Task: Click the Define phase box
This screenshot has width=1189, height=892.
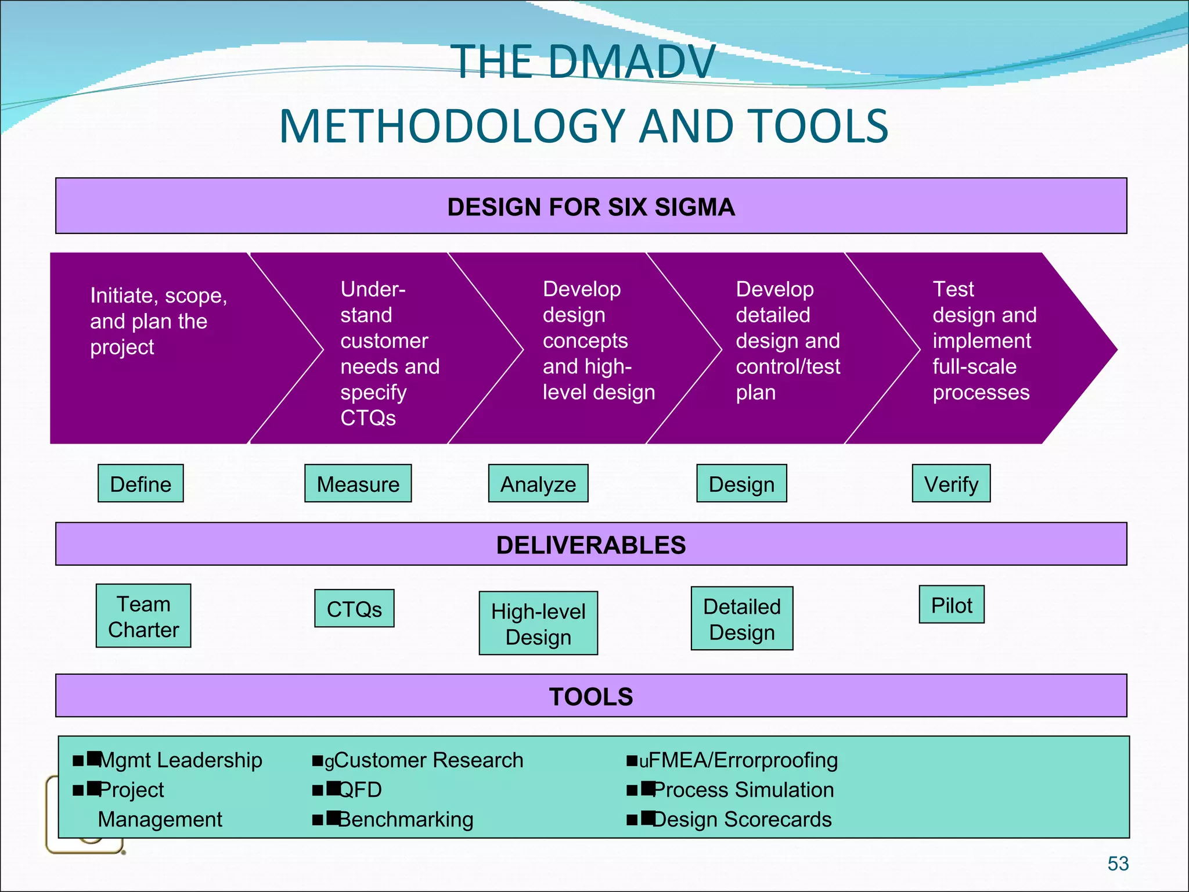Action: pyautogui.click(x=140, y=483)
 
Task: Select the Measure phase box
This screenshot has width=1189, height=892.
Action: pyautogui.click(x=358, y=483)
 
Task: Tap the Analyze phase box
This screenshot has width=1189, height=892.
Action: pyautogui.click(x=538, y=483)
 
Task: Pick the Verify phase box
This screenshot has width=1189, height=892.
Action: pyautogui.click(x=951, y=483)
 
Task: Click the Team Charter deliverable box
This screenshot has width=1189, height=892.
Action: pyautogui.click(x=143, y=616)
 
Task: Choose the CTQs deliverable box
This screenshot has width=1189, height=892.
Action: pyautogui.click(x=354, y=609)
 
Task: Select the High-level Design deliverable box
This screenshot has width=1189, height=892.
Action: pyautogui.click(x=538, y=623)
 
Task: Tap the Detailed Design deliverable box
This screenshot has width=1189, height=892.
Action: pyautogui.click(x=742, y=618)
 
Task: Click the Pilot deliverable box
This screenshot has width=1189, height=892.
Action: pyautogui.click(x=952, y=605)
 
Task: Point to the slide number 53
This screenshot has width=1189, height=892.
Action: pyautogui.click(x=1118, y=864)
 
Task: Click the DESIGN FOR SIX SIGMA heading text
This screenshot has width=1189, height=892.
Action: pyautogui.click(x=591, y=207)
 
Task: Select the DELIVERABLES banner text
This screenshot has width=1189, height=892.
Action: pyautogui.click(x=591, y=545)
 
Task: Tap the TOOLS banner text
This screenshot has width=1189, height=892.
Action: pyautogui.click(x=591, y=696)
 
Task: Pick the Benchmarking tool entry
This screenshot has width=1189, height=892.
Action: pyautogui.click(x=405, y=819)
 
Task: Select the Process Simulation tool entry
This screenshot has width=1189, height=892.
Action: pyautogui.click(x=743, y=790)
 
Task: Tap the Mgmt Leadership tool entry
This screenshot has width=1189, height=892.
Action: pyautogui.click(x=180, y=760)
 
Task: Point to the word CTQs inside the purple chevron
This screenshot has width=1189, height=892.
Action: pyautogui.click(x=368, y=418)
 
